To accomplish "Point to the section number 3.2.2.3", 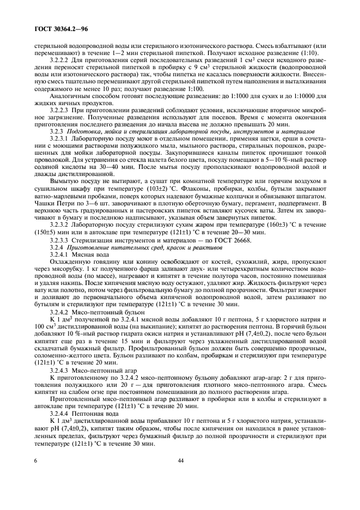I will click(x=60, y=110).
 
